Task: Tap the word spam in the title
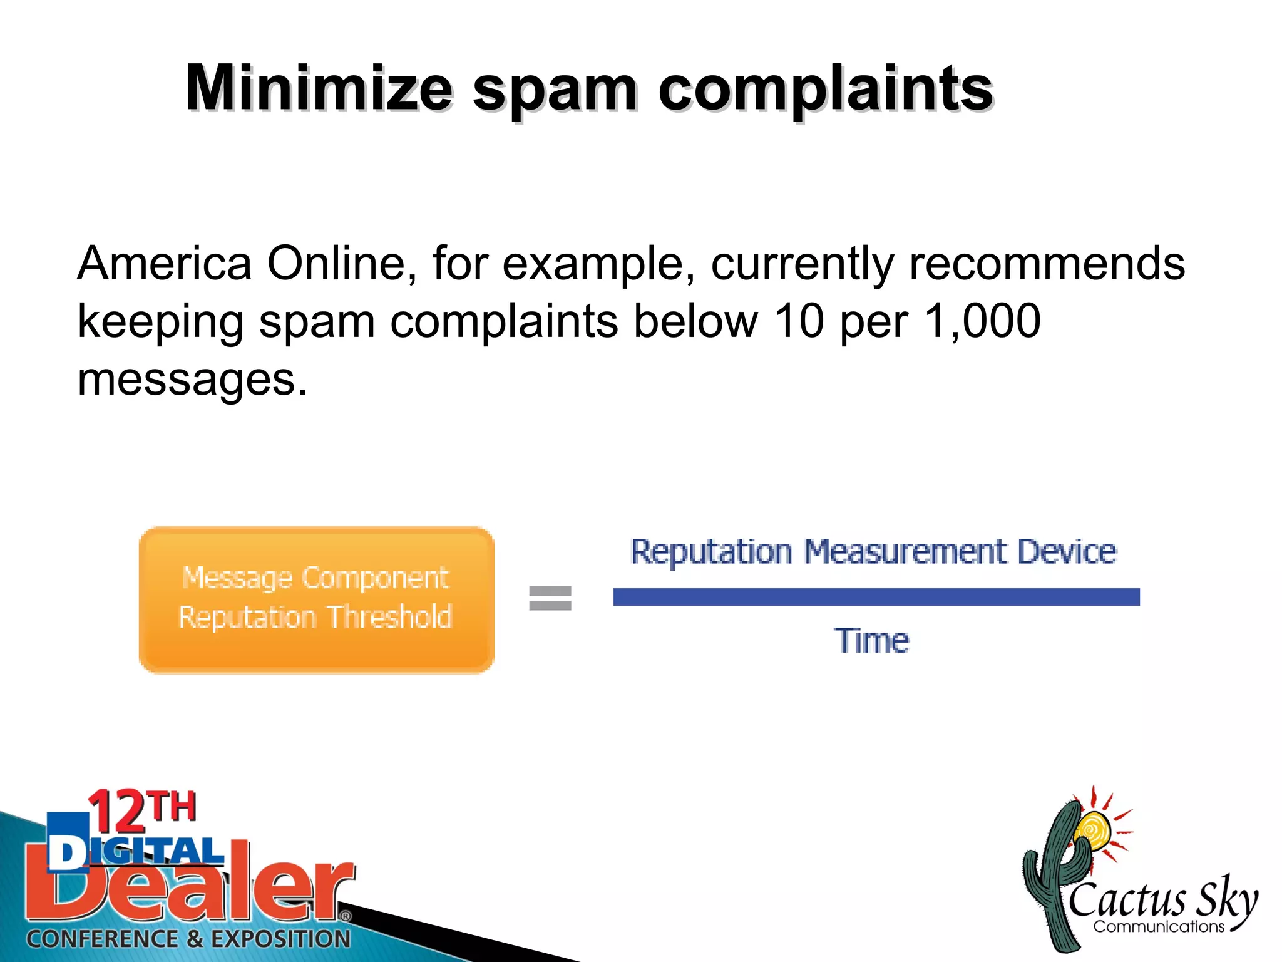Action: click(x=554, y=91)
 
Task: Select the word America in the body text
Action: click(x=165, y=263)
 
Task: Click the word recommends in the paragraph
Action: click(x=1047, y=263)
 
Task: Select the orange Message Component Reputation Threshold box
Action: click(x=316, y=599)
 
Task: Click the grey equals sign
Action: click(x=550, y=597)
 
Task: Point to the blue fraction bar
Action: click(x=876, y=597)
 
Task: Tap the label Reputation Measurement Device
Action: click(x=873, y=552)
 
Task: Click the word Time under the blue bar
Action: click(x=871, y=640)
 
